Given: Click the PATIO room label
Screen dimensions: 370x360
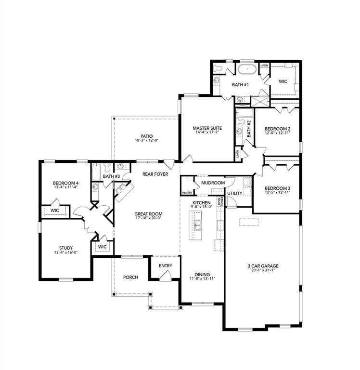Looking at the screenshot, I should click(x=147, y=136).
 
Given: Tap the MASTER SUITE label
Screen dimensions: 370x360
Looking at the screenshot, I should click(x=206, y=129).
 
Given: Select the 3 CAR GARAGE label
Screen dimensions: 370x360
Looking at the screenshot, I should click(x=263, y=266).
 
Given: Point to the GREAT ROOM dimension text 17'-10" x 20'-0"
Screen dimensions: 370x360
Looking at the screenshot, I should click(x=148, y=219).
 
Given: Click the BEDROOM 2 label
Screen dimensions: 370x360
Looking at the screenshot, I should click(x=277, y=129).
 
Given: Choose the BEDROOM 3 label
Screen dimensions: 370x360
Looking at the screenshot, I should click(x=277, y=188).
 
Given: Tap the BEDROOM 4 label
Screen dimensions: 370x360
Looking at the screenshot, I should click(x=65, y=183).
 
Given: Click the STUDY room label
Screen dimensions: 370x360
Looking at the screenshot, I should click(x=65, y=248).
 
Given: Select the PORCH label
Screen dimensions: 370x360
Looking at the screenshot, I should click(x=130, y=277).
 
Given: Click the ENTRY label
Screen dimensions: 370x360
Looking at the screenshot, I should click(x=166, y=265).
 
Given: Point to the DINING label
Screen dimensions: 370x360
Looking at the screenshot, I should click(x=202, y=274).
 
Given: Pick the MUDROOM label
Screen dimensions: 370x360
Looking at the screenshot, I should click(x=213, y=183).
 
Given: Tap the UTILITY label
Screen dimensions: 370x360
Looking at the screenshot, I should click(x=235, y=193).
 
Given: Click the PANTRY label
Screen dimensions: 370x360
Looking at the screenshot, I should click(x=187, y=193).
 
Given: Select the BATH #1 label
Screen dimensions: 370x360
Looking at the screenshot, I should click(x=240, y=85).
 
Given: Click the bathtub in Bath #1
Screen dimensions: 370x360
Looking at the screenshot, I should click(x=246, y=69).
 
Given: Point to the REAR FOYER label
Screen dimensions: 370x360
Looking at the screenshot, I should click(x=155, y=174).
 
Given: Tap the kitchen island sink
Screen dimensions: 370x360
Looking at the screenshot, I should click(x=198, y=225).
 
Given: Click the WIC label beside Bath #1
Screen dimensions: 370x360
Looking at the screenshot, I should click(x=283, y=81).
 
